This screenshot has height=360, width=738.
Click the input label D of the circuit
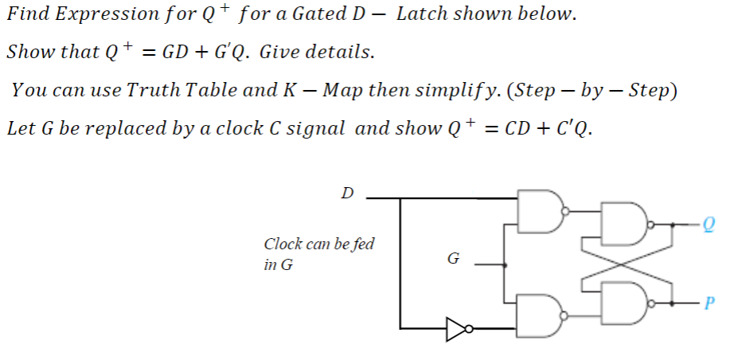347,193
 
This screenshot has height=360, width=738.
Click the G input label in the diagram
454,259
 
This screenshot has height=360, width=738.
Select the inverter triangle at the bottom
455,327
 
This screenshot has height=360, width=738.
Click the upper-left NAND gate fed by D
540,212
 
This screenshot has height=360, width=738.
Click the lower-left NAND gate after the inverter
540,315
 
